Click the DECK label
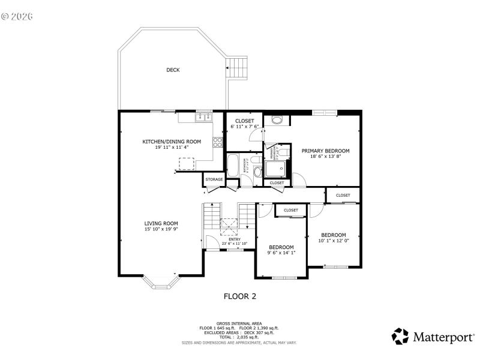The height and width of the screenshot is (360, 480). [x=173, y=70]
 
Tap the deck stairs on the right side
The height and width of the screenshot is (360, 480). [x=238, y=67]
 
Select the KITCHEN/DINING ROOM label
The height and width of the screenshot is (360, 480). [x=172, y=142]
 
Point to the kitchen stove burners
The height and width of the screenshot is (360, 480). [x=218, y=143]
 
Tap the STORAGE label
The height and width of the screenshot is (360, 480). [x=214, y=179]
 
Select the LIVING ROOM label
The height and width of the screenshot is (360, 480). [x=161, y=223]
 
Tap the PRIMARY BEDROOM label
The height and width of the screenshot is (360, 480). [x=325, y=151]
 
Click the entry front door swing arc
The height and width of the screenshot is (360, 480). [x=211, y=241]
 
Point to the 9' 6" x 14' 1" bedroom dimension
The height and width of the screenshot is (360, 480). [x=281, y=253]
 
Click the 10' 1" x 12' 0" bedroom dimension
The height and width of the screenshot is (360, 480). [x=333, y=241]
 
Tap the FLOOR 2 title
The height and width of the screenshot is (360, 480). [x=240, y=296]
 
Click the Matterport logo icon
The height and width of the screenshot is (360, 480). [x=400, y=336]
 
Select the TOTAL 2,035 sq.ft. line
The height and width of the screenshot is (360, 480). [x=239, y=336]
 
